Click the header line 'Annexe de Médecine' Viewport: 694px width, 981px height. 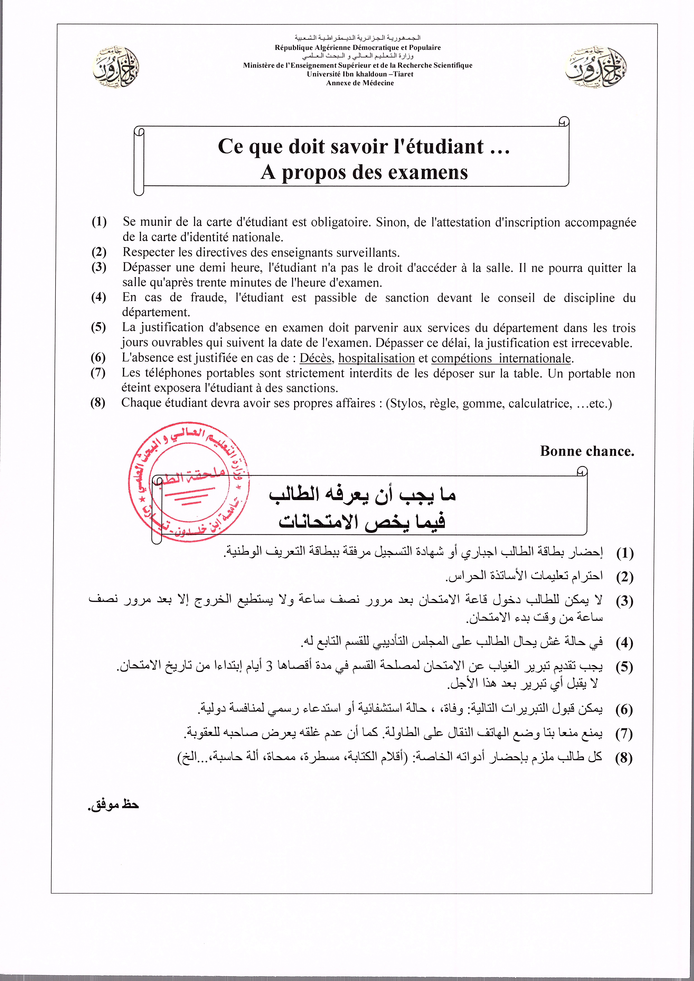tap(360, 83)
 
